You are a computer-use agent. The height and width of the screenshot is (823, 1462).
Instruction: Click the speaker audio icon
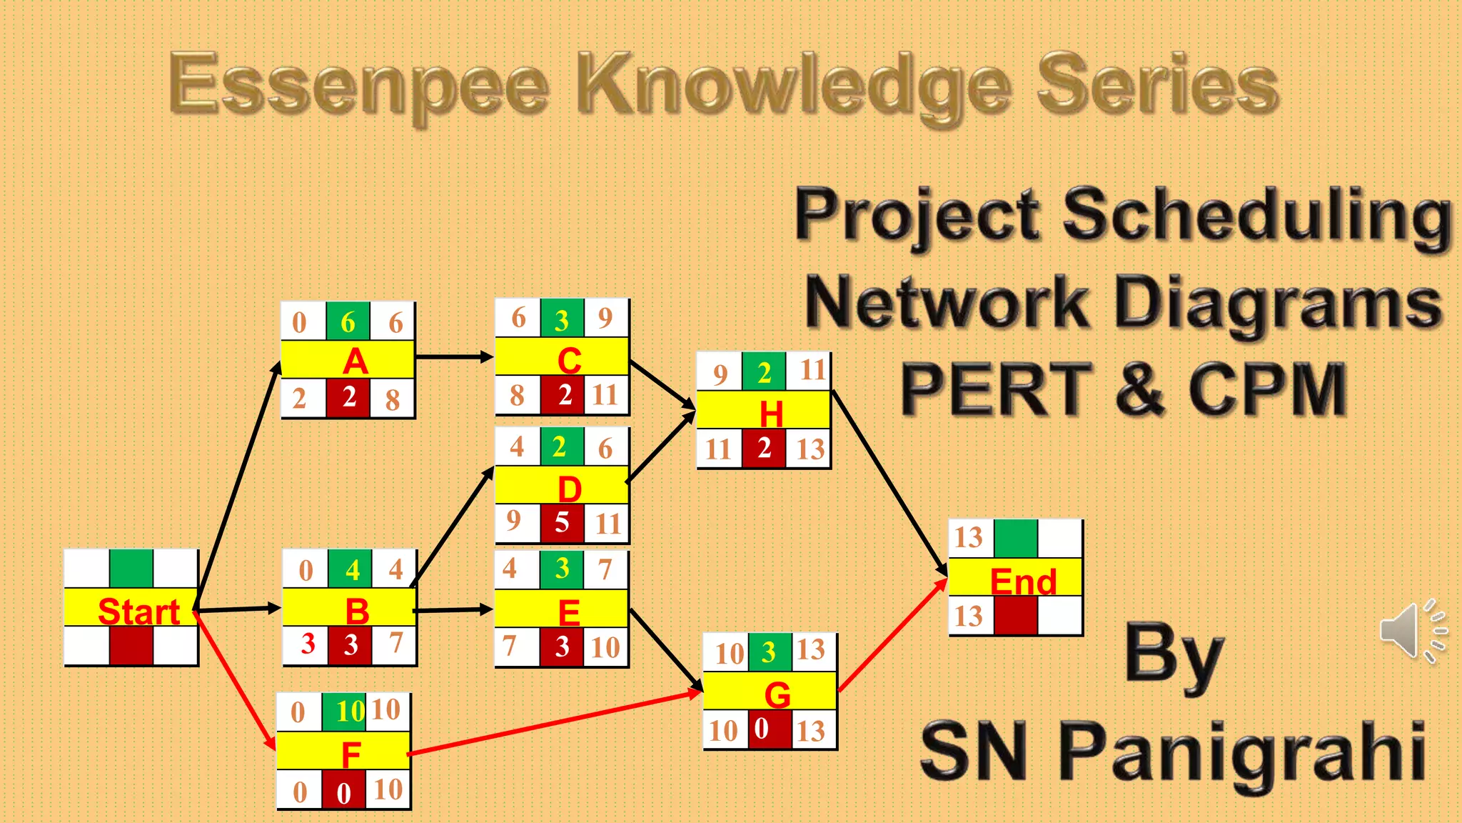click(1412, 631)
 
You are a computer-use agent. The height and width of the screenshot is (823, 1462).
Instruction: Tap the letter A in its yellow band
click(356, 361)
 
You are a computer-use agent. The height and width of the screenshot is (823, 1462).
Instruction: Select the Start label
click(138, 612)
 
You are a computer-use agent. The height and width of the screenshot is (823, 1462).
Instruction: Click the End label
click(1022, 582)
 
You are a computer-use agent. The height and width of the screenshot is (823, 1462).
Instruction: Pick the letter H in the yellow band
click(771, 414)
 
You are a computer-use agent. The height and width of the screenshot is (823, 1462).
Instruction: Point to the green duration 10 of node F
click(350, 712)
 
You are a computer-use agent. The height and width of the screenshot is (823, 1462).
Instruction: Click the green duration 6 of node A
click(348, 322)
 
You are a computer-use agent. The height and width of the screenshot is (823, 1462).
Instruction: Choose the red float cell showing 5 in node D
click(562, 523)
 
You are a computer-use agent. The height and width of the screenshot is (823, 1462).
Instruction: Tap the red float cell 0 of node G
click(762, 729)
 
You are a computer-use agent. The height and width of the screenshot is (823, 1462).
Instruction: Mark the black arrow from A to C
click(454, 356)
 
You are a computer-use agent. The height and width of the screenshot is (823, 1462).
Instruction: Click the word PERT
click(997, 390)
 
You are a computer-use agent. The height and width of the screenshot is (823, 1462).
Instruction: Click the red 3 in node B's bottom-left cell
click(308, 644)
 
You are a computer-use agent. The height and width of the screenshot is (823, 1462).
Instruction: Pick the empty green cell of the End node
click(1015, 539)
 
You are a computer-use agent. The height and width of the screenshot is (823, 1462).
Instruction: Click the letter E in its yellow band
click(569, 612)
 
